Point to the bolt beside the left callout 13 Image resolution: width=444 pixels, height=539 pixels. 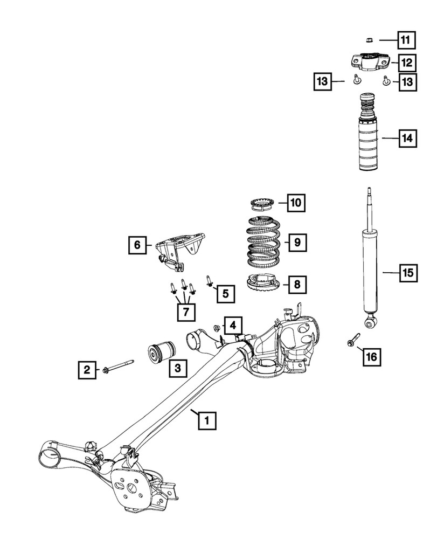click(356, 81)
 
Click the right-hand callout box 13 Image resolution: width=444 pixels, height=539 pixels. click(407, 82)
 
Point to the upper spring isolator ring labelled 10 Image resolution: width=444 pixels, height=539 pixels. click(262, 204)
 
